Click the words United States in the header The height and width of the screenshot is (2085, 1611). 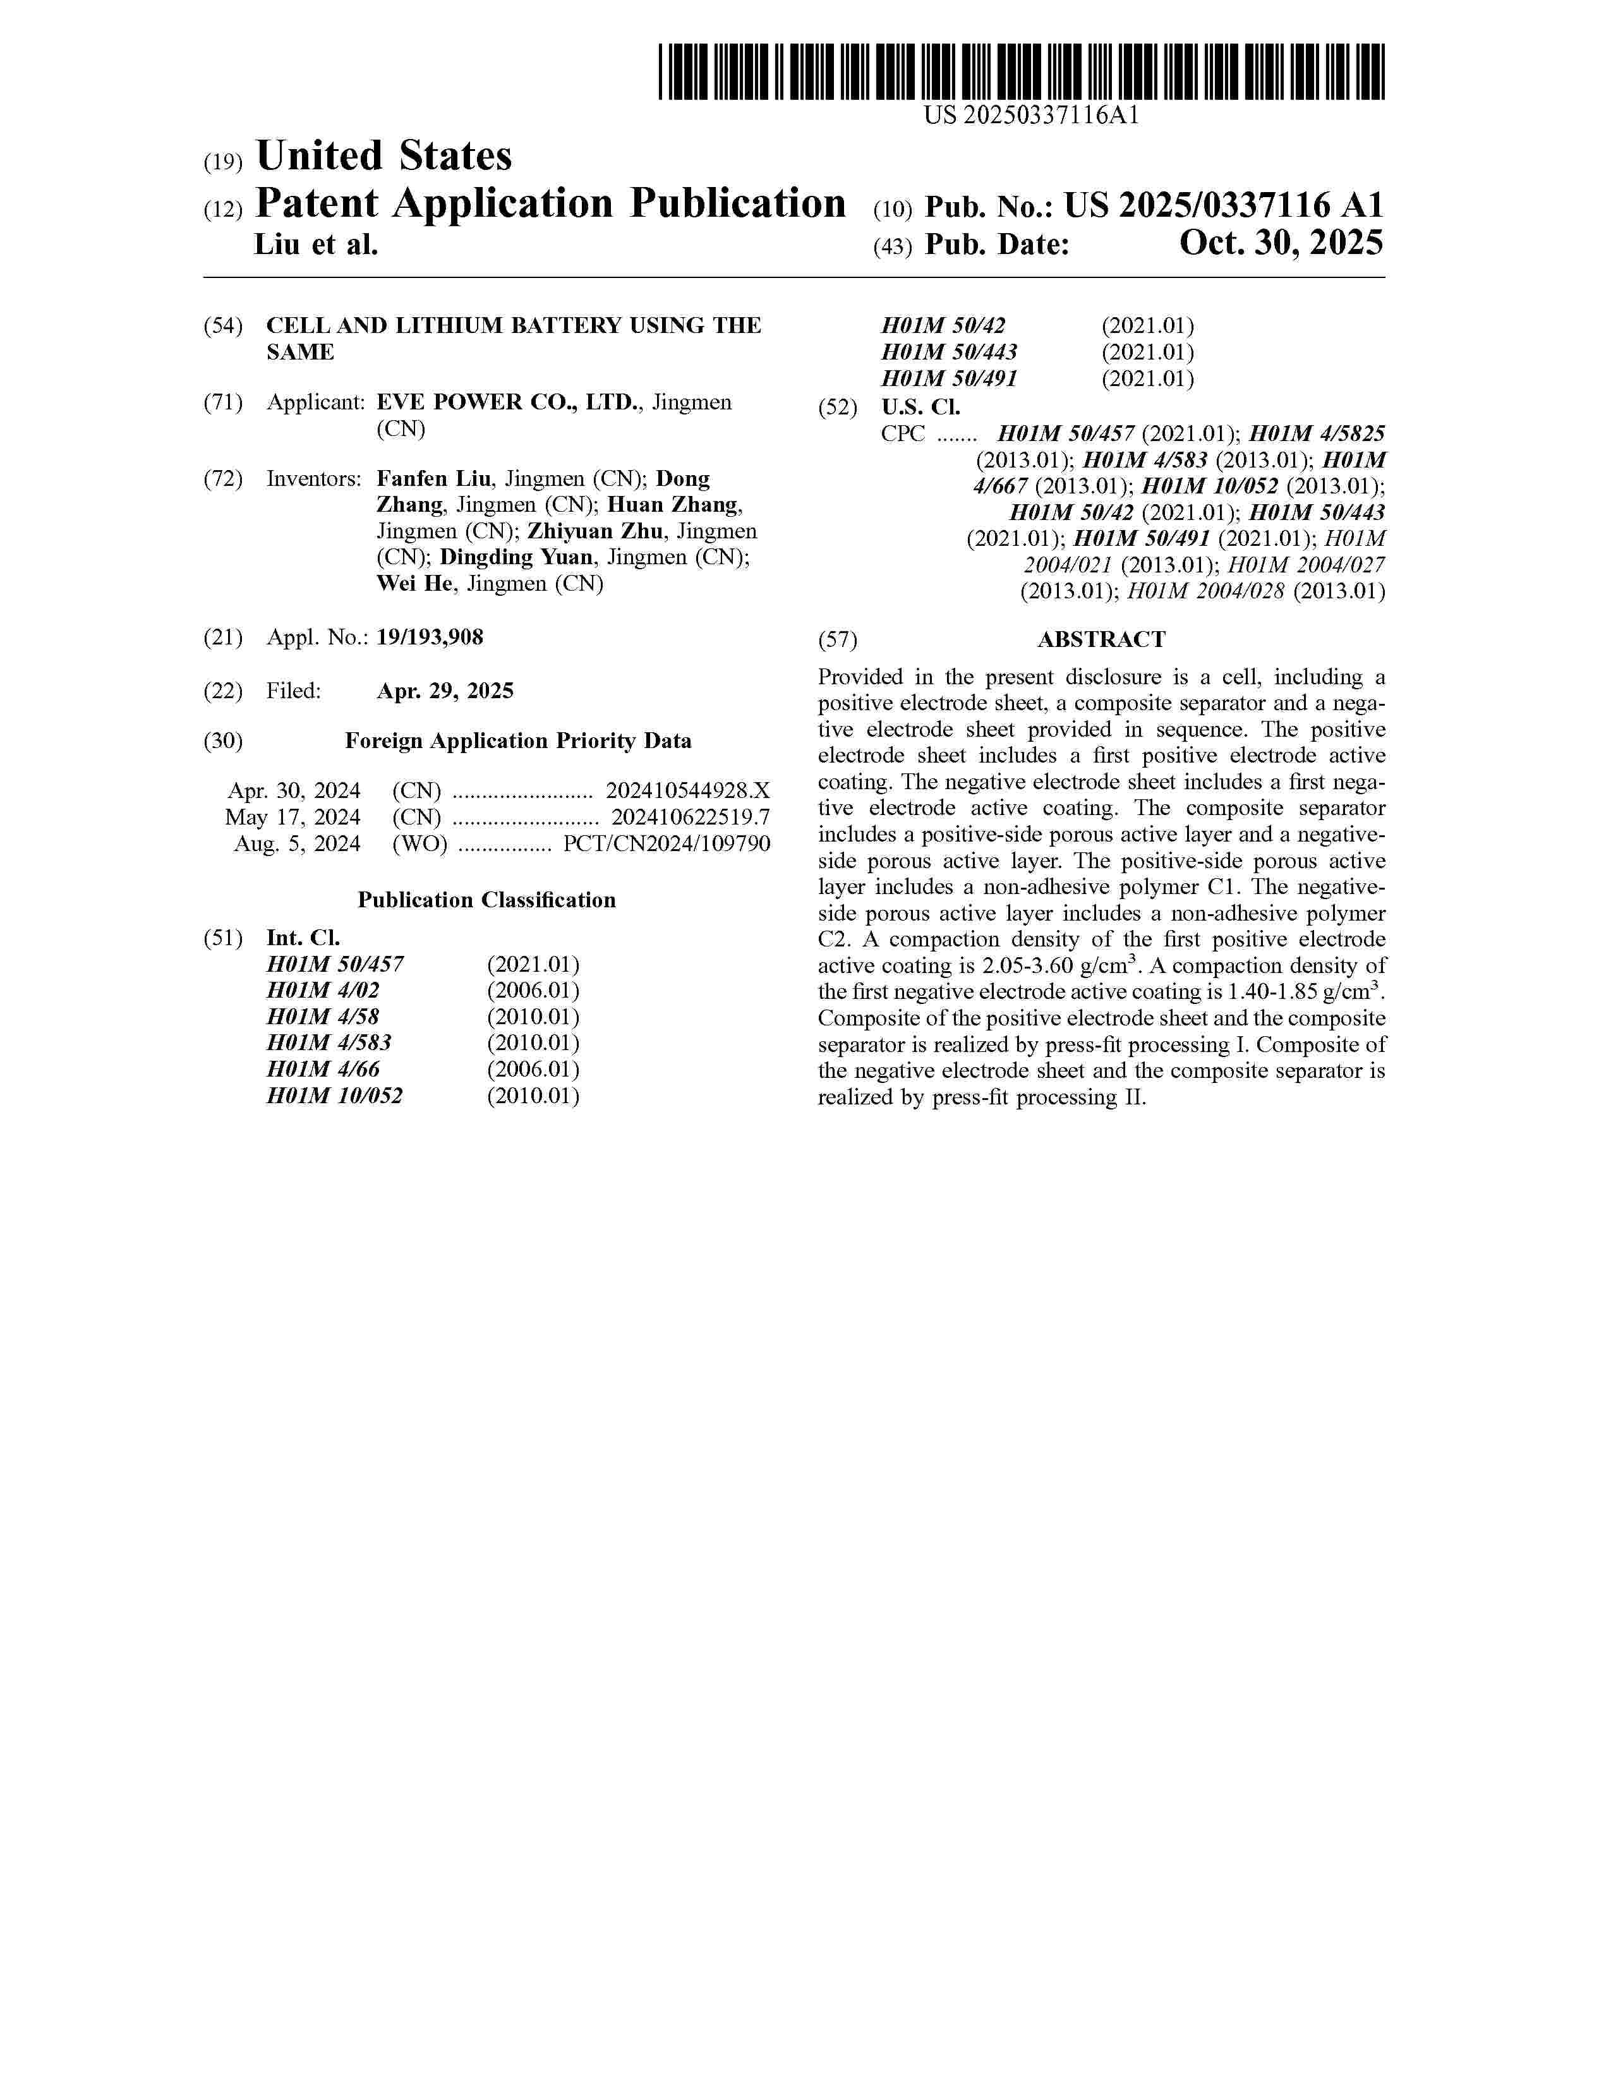383,155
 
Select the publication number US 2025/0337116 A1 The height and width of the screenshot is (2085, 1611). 1224,205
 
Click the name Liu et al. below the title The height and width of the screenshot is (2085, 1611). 316,245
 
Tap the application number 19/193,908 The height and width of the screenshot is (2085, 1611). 430,637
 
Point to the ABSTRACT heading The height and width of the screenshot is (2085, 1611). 1101,639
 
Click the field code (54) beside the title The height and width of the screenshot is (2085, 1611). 223,325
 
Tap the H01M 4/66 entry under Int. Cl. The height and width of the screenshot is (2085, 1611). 323,1069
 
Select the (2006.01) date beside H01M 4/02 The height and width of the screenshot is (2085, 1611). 533,990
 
